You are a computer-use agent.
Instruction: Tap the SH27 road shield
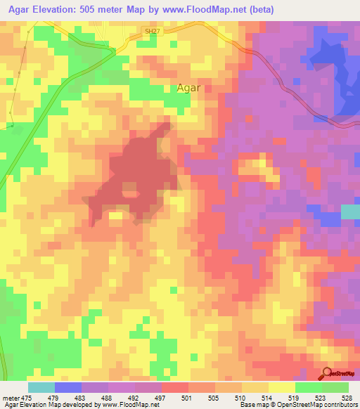(150, 32)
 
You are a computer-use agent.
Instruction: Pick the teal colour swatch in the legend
(41, 387)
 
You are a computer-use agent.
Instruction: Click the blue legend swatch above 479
(68, 387)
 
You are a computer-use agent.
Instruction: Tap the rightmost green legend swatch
(335, 387)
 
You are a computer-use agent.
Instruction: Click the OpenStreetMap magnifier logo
(327, 373)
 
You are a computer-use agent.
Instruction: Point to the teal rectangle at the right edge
(350, 212)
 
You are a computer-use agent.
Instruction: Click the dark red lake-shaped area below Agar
(141, 176)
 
